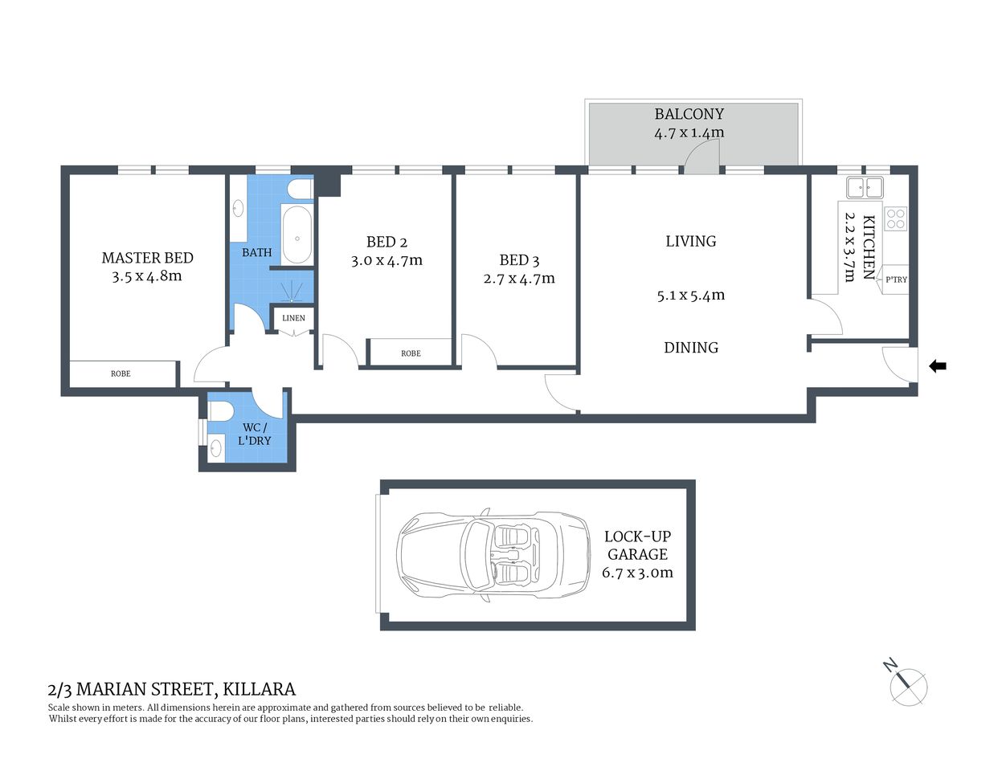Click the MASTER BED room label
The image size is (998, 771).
click(x=147, y=258)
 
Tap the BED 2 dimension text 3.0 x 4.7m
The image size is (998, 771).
click(x=387, y=260)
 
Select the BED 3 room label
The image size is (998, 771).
click(x=519, y=260)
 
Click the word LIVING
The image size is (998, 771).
click(x=690, y=241)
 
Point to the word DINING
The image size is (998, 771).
click(x=690, y=348)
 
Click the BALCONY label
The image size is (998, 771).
click(x=689, y=114)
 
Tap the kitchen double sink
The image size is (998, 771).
click(x=864, y=189)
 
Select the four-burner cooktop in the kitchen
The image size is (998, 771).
click(x=895, y=218)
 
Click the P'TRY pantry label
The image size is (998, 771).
click(x=896, y=279)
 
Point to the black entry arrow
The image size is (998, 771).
click(x=937, y=366)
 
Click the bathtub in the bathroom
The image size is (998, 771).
click(x=297, y=235)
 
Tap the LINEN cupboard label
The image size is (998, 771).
click(x=293, y=318)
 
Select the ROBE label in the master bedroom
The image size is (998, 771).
click(x=121, y=373)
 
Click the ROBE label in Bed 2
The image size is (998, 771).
click(x=411, y=353)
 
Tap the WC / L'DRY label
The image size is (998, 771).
click(x=254, y=434)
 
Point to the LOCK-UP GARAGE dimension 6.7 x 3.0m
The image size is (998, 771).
click(x=637, y=573)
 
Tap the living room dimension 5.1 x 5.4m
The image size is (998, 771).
click(x=690, y=295)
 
